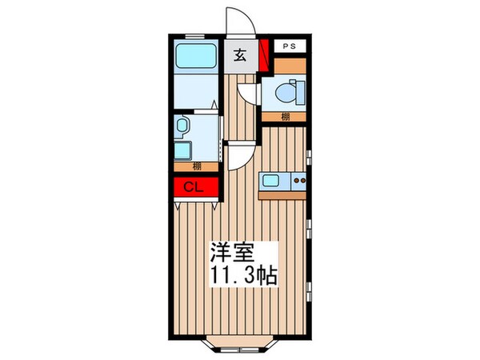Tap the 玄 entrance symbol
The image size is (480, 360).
point(239,56)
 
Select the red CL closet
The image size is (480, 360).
point(192,188)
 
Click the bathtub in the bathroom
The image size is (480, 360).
point(196,58)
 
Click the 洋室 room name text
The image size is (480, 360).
point(233,254)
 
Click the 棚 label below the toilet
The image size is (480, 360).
point(285,118)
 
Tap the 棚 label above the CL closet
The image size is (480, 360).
point(196,167)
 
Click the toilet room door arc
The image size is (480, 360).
point(250,94)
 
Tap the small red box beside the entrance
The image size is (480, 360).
point(265,55)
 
